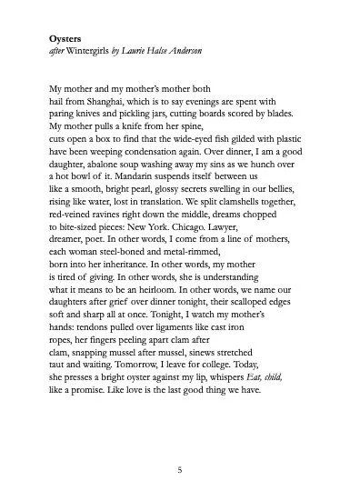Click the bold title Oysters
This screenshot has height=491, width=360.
[67, 40]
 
